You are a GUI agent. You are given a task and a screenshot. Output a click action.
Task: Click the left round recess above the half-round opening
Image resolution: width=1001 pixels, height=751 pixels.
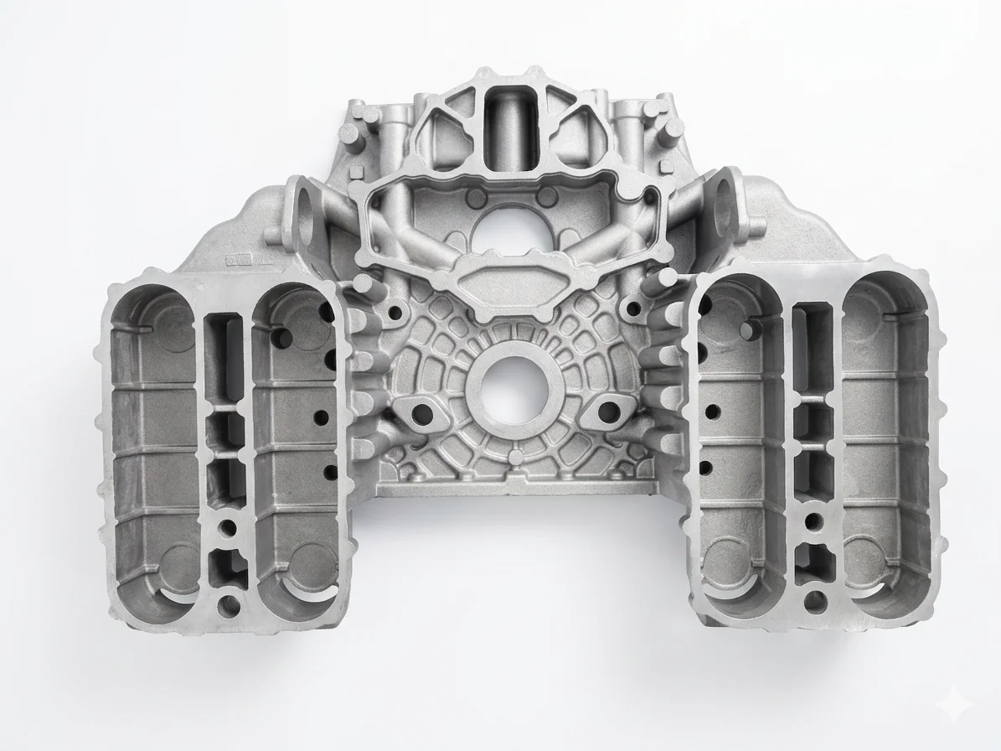(x=477, y=199)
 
